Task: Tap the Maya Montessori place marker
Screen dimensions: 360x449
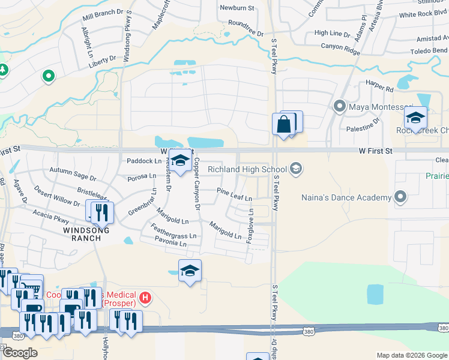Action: tap(339, 107)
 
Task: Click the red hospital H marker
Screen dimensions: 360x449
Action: tap(145, 297)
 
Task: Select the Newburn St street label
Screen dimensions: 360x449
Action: tap(237, 8)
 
